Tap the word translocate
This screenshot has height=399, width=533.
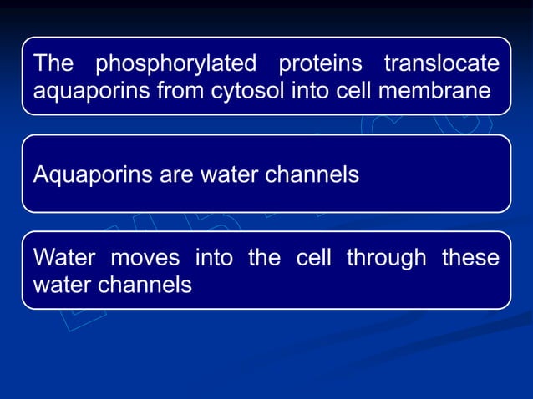(x=441, y=63)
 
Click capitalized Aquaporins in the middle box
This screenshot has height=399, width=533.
(x=92, y=176)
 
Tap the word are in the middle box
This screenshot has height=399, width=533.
(x=175, y=176)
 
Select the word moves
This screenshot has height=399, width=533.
(x=142, y=258)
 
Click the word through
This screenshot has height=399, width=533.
(x=385, y=259)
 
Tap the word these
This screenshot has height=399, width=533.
(x=472, y=258)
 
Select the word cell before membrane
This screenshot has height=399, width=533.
(x=357, y=90)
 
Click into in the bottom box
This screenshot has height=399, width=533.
(x=213, y=258)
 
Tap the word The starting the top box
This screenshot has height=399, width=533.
(x=54, y=63)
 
